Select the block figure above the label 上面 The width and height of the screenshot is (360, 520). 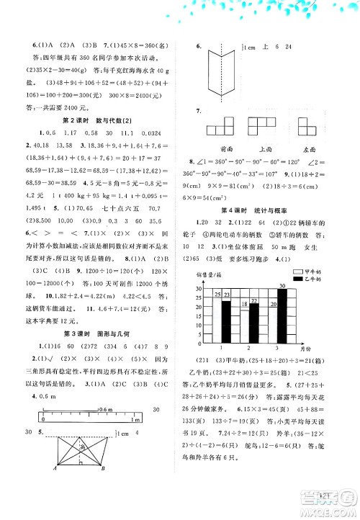click(266, 128)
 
